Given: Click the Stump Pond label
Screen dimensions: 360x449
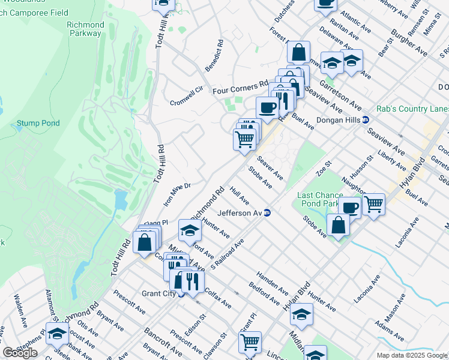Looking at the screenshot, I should point(38,123).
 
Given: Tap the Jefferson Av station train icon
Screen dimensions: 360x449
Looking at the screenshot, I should point(268,212).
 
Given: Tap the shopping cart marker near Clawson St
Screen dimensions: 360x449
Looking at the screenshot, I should point(250,342).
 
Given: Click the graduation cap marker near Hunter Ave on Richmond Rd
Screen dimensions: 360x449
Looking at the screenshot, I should point(190,230).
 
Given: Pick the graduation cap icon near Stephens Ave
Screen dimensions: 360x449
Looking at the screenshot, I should point(57,334).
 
